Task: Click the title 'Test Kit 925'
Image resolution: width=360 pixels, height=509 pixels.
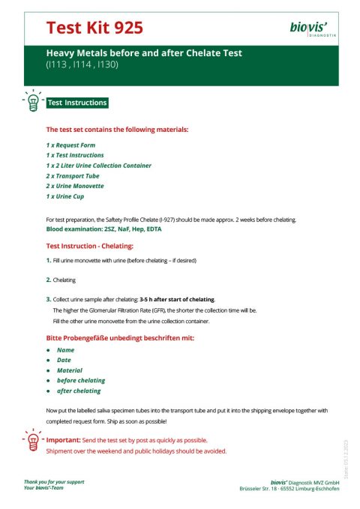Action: coord(94,28)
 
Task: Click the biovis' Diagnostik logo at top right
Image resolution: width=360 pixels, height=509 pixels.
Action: coord(313,29)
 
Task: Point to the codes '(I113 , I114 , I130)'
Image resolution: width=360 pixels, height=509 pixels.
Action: coord(82,64)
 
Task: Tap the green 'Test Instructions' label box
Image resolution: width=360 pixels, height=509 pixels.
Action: coord(77,103)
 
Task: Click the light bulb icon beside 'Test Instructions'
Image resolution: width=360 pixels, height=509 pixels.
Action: coord(33,103)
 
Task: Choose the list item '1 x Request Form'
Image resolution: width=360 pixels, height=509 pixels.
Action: coord(70,145)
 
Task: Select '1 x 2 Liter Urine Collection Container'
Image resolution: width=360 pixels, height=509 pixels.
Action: coord(98,165)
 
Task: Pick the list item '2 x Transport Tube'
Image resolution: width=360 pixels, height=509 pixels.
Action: coord(73,175)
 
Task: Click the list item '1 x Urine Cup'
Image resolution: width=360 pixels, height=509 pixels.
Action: coord(65,196)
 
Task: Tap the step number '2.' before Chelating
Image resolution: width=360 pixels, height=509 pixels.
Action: coord(49,280)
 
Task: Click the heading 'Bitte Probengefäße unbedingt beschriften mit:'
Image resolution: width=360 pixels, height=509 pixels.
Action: coord(120,338)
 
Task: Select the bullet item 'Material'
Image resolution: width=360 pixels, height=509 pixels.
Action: coord(70,370)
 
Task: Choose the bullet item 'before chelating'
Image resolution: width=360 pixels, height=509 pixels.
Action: coord(81,381)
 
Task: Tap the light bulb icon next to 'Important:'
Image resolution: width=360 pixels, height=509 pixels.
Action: coord(32,440)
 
